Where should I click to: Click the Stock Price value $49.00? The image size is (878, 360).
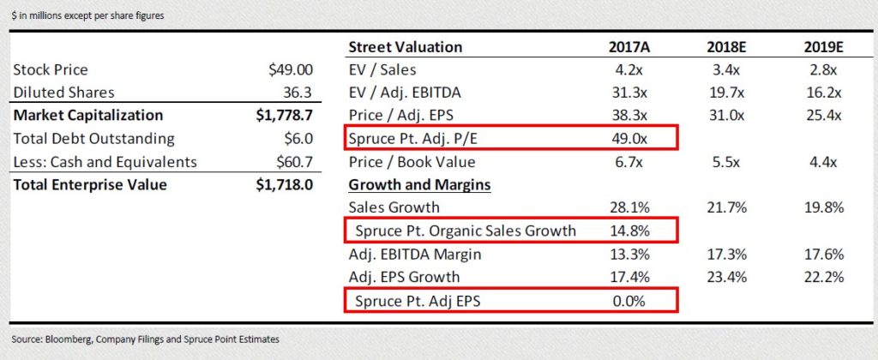click(x=292, y=70)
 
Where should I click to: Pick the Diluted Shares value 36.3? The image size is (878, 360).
click(x=299, y=93)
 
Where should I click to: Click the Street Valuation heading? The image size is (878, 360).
click(x=405, y=47)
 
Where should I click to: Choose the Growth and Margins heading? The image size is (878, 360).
click(x=419, y=184)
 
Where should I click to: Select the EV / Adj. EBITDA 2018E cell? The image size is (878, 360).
click(x=730, y=93)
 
